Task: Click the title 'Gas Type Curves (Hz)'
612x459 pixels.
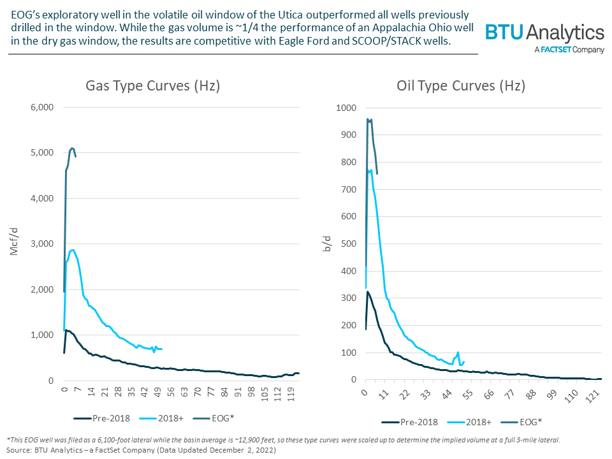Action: coord(153,85)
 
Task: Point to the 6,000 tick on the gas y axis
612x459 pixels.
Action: coord(43,107)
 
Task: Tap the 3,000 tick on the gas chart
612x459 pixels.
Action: coord(43,244)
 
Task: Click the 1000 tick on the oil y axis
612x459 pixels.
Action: coord(347,108)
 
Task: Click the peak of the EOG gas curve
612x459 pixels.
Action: coord(72,148)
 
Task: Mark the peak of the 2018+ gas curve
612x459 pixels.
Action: coord(73,250)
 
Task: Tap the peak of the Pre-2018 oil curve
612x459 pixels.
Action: coord(368,291)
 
